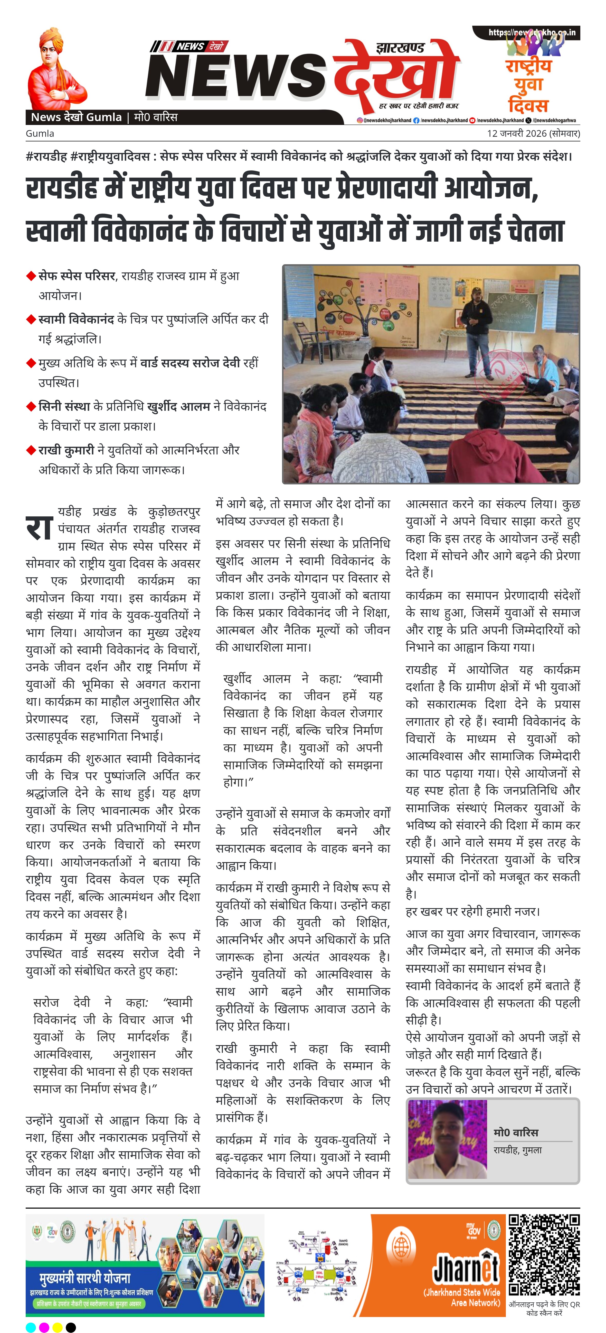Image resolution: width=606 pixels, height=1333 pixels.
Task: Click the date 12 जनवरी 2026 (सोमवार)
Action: (x=533, y=133)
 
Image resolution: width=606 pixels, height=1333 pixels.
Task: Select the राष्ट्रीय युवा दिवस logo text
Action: (x=528, y=85)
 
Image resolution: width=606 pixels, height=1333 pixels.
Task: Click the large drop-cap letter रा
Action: (x=39, y=528)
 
